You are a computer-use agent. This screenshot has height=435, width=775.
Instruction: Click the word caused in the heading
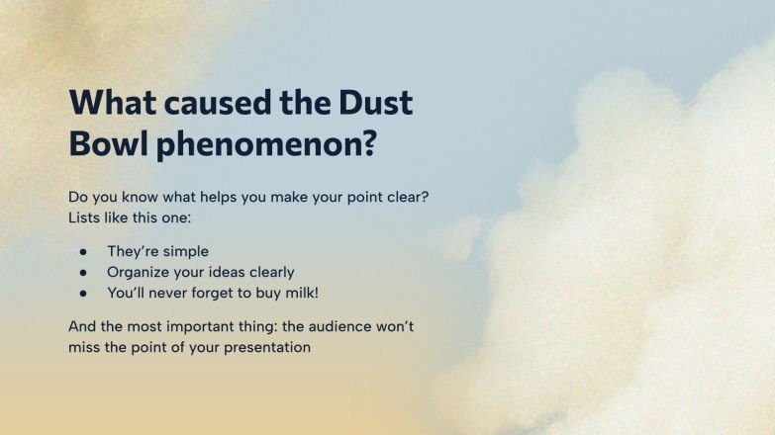tap(212, 103)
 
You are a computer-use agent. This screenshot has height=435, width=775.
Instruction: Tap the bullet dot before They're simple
tap(85, 252)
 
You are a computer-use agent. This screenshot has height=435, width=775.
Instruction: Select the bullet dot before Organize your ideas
tap(85, 272)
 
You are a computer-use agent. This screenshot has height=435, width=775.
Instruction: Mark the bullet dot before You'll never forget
tap(85, 293)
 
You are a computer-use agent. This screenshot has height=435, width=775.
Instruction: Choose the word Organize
tap(141, 272)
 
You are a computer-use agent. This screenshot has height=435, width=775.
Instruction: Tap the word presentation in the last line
tap(267, 348)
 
